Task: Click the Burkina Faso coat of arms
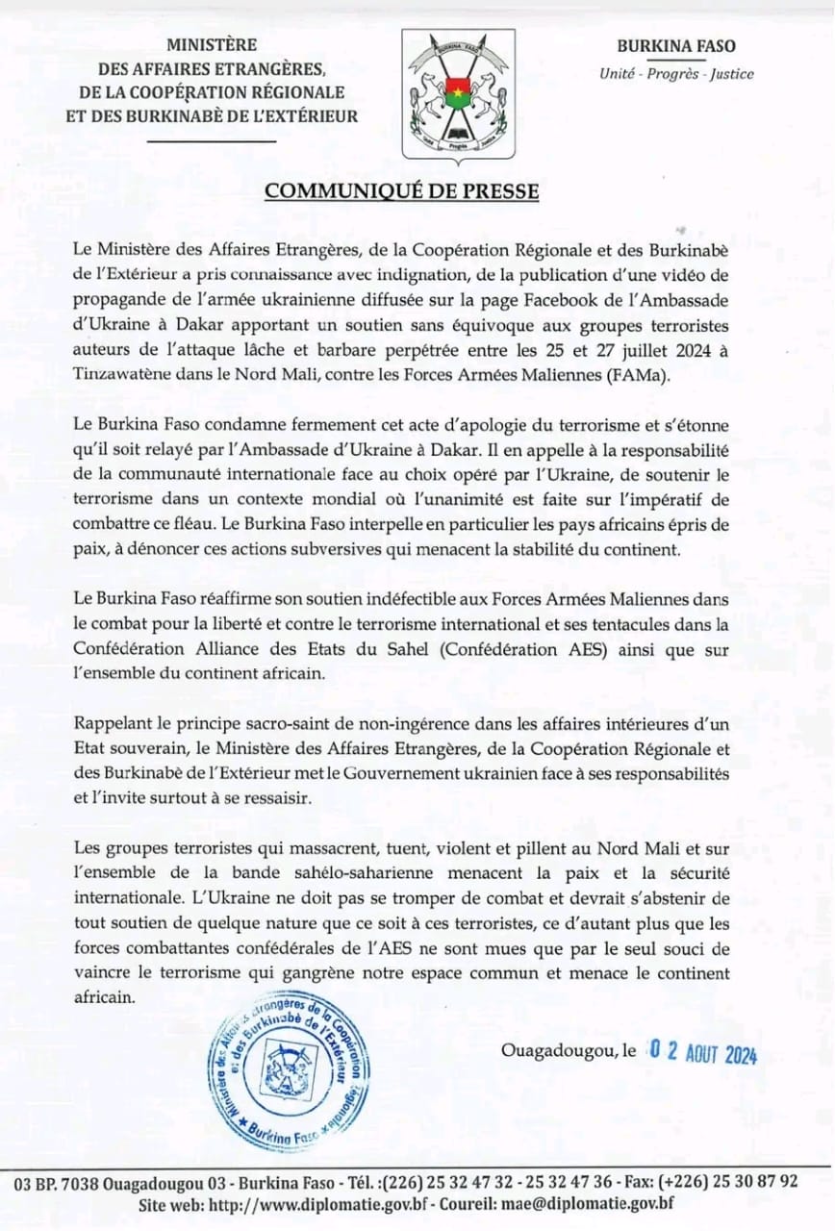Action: click(457, 94)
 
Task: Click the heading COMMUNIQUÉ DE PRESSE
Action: click(401, 190)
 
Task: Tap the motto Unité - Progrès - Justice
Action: click(676, 74)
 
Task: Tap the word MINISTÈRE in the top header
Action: click(212, 44)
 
